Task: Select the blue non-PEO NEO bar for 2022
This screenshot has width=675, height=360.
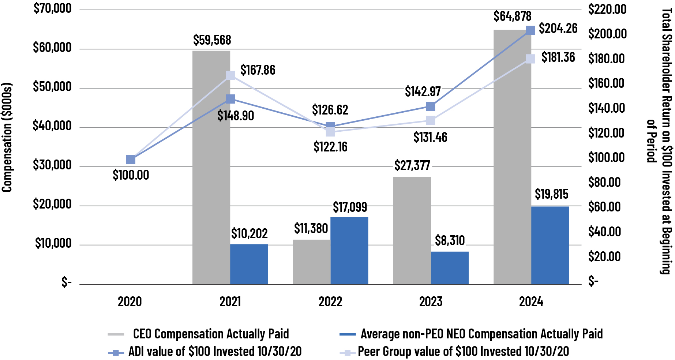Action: [349, 251]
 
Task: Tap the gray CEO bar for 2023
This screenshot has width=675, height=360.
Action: [412, 230]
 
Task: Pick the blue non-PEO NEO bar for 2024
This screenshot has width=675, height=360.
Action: [550, 245]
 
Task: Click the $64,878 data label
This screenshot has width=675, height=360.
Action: [512, 16]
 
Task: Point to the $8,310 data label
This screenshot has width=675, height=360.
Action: [450, 241]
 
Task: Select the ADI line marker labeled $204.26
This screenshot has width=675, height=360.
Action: [530, 30]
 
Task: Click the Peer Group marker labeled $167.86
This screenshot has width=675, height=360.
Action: [230, 75]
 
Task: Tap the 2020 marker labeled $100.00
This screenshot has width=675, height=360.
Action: [131, 160]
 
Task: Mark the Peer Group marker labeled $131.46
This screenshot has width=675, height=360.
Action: [431, 120]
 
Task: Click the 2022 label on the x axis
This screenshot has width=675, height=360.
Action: [330, 302]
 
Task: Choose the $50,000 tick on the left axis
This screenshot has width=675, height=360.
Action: [52, 87]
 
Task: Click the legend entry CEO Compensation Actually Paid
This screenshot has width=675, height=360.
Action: [211, 334]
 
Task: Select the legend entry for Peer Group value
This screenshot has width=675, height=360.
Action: [463, 352]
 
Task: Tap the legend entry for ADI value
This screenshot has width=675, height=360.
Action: [215, 352]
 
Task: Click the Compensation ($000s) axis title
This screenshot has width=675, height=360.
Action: [7, 137]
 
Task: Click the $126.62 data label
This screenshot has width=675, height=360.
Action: [330, 110]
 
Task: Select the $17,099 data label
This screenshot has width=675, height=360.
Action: [350, 207]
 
